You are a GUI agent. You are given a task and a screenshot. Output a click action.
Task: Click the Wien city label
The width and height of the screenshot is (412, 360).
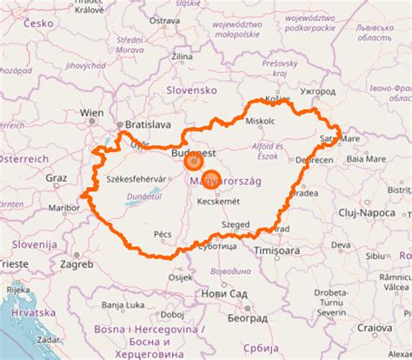pyautogui.click(x=91, y=112)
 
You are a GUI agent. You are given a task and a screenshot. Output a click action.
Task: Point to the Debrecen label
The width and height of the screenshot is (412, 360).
pyautogui.click(x=314, y=160)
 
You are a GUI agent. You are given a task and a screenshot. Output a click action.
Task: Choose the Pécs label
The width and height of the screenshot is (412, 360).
pyautogui.click(x=163, y=234)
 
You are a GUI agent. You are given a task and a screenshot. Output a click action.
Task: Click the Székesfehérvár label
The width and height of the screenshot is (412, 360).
pyautogui.click(x=135, y=178)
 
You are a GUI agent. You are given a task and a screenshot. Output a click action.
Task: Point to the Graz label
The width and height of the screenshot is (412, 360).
pyautogui.click(x=56, y=177)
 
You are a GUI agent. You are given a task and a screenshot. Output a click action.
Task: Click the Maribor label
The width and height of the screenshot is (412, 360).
pyautogui.click(x=62, y=207)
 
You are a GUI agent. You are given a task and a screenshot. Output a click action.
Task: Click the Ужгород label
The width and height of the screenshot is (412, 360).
pyautogui.click(x=316, y=90)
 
